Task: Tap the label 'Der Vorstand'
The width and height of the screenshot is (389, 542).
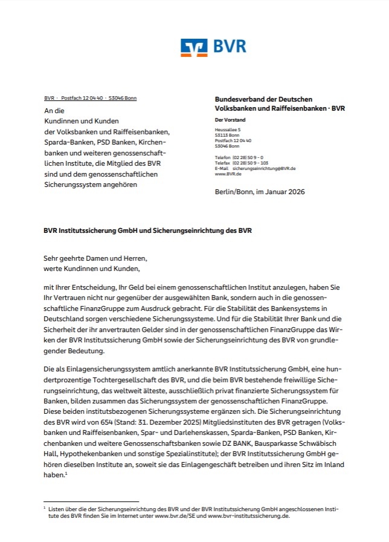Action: [x=230, y=120]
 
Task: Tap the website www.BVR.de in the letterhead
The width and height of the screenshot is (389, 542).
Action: [x=225, y=174]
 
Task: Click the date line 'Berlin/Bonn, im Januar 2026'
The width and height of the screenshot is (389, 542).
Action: [x=260, y=192]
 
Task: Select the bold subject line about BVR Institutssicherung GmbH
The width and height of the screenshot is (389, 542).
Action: [x=147, y=230]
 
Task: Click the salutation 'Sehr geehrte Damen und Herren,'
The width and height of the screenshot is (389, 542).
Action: [x=95, y=258]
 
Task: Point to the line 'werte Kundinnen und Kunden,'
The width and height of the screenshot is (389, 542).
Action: [x=92, y=268]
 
